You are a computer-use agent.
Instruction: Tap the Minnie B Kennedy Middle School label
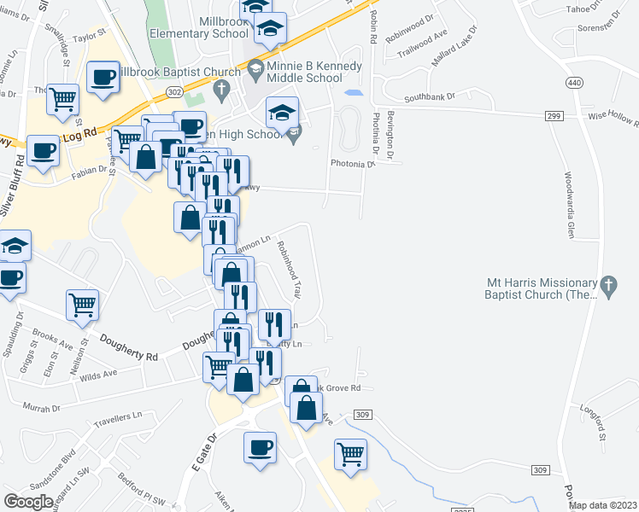click(x=314, y=73)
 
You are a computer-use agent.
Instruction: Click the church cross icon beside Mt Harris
click(x=608, y=287)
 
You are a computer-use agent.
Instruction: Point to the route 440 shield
click(x=572, y=82)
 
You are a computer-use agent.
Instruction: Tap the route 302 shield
click(x=173, y=91)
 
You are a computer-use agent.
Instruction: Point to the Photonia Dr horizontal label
click(x=353, y=164)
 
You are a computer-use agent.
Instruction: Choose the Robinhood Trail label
click(x=288, y=268)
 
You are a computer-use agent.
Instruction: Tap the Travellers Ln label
click(x=117, y=417)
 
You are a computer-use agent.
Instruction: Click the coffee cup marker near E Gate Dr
click(x=260, y=447)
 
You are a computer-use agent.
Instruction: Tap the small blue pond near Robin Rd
click(x=353, y=91)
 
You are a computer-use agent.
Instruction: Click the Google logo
click(x=28, y=502)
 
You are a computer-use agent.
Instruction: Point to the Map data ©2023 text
click(x=603, y=505)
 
